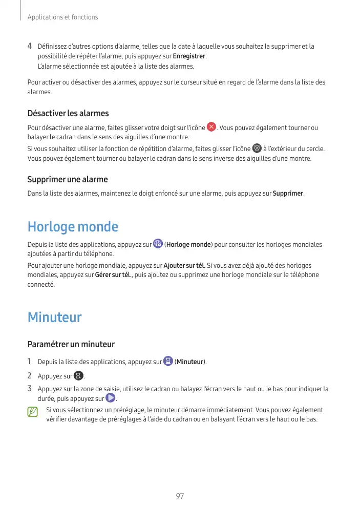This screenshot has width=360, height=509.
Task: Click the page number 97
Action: tap(180, 496)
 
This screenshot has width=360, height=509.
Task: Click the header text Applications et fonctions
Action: tap(62, 17)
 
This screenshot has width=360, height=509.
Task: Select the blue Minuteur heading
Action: tap(54, 317)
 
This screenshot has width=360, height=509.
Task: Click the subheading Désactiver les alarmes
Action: tap(68, 113)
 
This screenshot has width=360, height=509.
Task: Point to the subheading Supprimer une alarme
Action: tap(67, 180)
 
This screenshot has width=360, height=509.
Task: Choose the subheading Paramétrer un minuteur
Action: tap(71, 344)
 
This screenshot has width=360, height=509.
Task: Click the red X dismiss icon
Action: tap(211, 127)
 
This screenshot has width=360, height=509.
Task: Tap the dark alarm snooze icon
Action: tap(257, 149)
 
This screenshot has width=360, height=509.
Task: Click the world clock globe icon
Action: tap(158, 244)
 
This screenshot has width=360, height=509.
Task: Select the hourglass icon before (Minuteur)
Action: tap(168, 362)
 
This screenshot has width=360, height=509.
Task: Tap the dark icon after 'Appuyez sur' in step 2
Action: tap(78, 376)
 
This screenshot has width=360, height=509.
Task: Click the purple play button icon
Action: tap(110, 398)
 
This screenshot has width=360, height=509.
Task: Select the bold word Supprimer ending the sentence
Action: tap(288, 194)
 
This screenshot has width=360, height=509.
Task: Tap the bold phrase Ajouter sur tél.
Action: tap(184, 266)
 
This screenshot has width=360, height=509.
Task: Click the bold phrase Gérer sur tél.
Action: tap(113, 275)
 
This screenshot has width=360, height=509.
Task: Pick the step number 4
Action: tap(30, 46)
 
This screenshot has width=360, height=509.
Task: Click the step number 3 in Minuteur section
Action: tap(30, 388)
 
